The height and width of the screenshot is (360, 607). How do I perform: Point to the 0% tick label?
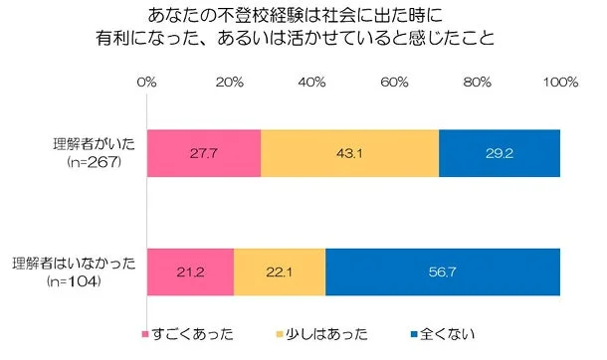click(x=146, y=80)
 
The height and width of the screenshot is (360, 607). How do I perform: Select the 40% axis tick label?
click(x=312, y=80)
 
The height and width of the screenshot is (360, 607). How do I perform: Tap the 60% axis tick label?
click(x=395, y=80)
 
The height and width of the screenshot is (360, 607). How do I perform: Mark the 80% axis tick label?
click(x=478, y=80)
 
